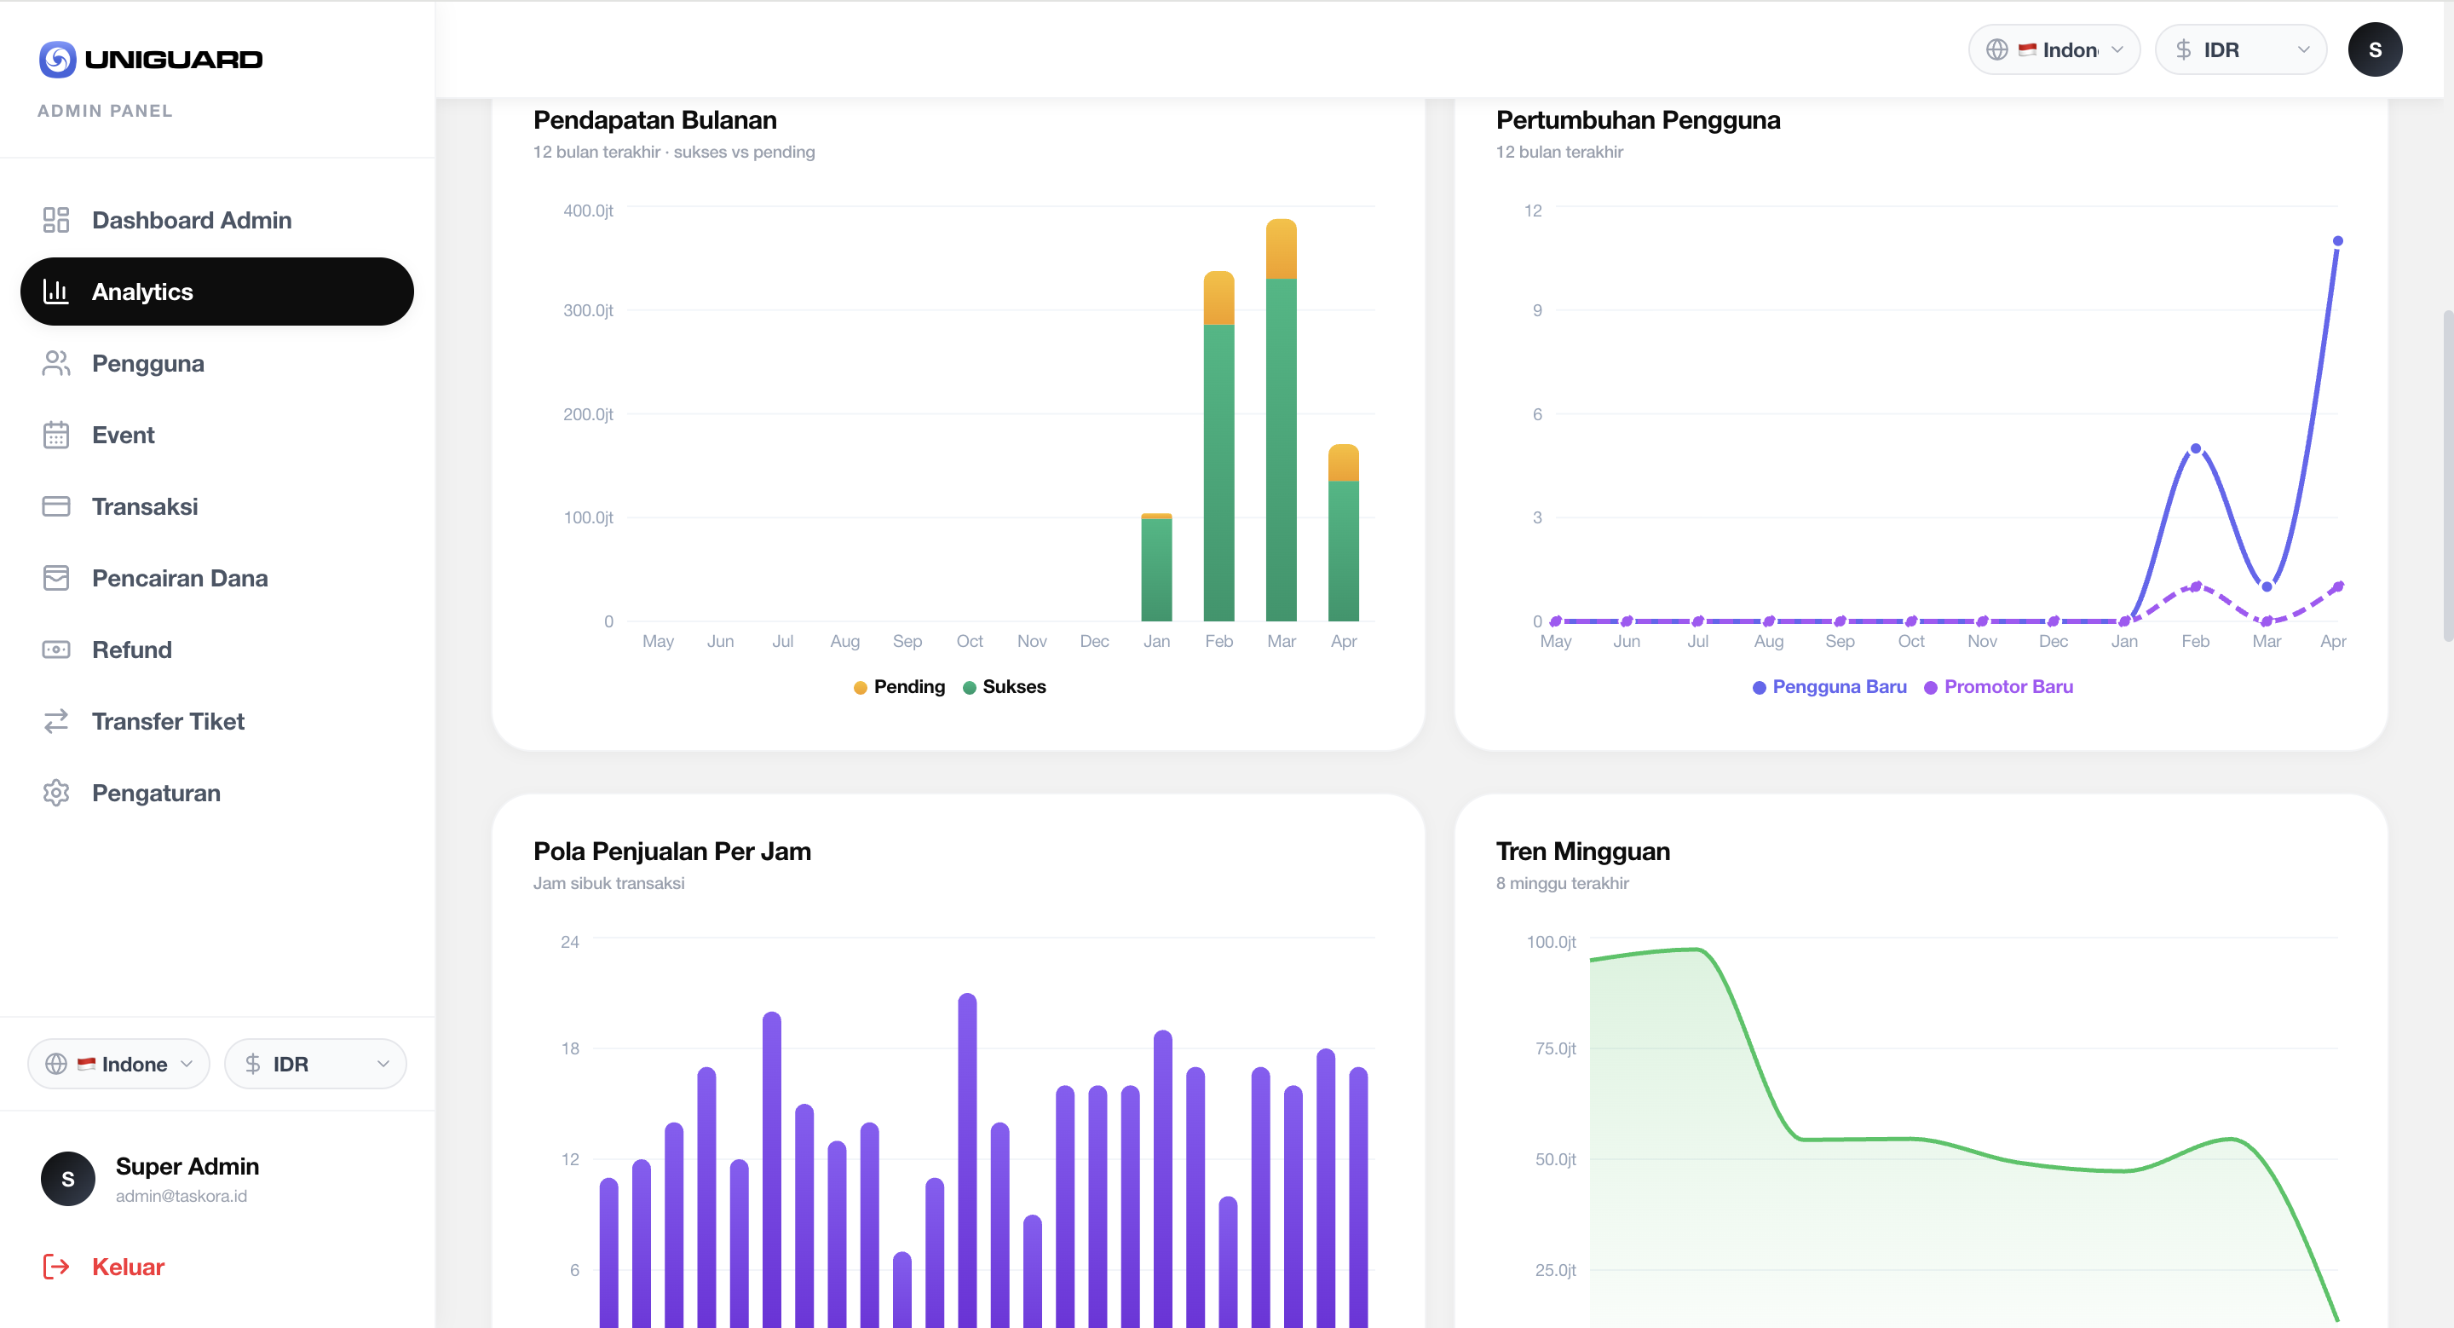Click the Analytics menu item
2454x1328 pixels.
(217, 292)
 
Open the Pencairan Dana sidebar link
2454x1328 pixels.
(179, 578)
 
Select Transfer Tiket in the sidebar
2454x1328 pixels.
(168, 721)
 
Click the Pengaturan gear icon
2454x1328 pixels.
(56, 793)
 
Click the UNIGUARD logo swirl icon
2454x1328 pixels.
(57, 59)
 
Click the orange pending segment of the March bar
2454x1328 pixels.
(1281, 250)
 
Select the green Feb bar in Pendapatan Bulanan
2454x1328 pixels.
(1218, 471)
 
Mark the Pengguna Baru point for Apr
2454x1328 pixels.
(2336, 241)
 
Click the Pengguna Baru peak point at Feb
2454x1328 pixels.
(2195, 448)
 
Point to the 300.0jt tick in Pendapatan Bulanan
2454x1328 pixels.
(588, 310)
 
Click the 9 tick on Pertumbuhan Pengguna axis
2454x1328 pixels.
(1536, 310)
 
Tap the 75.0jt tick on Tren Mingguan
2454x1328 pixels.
(1555, 1048)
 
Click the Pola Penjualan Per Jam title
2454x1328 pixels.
(671, 851)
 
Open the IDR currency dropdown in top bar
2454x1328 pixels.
(2241, 49)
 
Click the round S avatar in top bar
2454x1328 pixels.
(2374, 49)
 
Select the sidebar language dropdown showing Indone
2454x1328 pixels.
(119, 1063)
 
